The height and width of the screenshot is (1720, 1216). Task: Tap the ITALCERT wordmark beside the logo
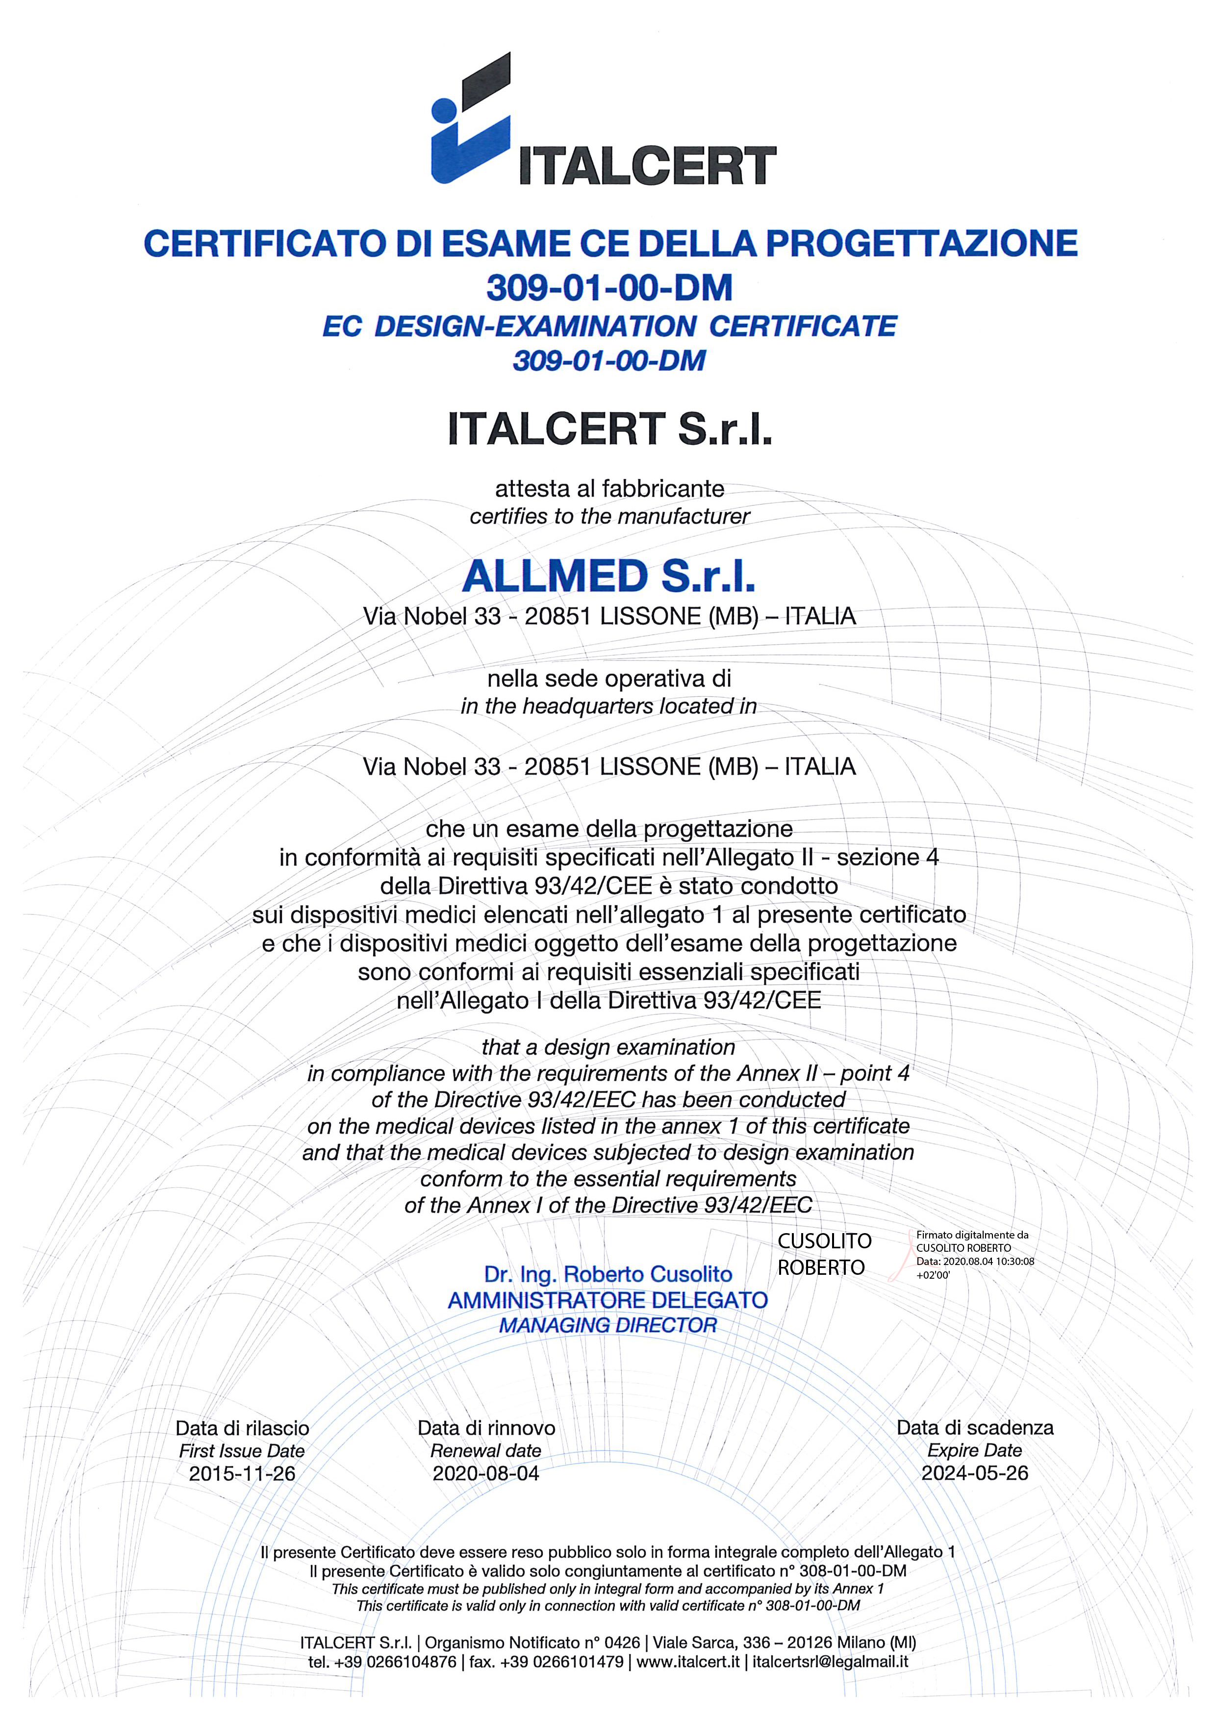pyautogui.click(x=647, y=166)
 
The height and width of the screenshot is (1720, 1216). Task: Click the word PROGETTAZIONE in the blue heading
pyautogui.click(x=921, y=244)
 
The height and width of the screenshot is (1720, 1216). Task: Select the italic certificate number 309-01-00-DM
pyautogui.click(x=609, y=361)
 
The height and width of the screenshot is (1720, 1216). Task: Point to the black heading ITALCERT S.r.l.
pyautogui.click(x=609, y=429)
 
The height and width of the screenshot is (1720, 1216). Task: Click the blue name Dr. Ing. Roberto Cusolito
pyautogui.click(x=608, y=1274)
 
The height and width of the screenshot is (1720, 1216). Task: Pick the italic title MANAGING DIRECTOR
pyautogui.click(x=608, y=1325)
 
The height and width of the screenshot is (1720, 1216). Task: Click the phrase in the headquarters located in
pyautogui.click(x=608, y=707)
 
